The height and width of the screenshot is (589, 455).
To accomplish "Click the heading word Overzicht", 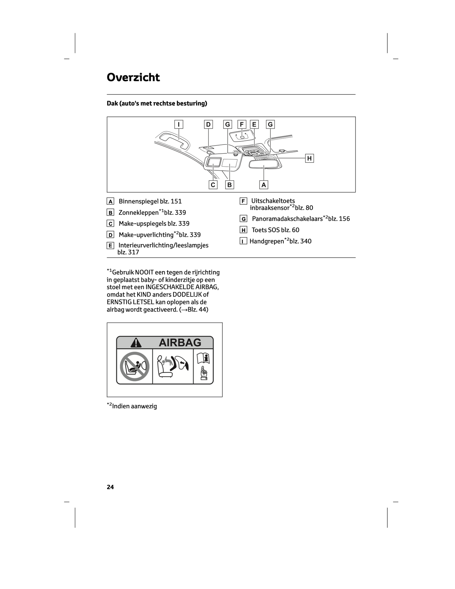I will coord(133,77).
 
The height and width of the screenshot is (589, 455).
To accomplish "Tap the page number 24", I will coord(110,487).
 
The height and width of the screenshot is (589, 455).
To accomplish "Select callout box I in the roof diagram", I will coord(179,124).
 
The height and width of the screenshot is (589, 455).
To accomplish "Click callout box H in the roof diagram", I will coord(309,158).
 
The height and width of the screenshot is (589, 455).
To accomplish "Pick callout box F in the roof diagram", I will coord(242,124).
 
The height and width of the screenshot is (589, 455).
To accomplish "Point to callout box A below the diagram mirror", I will coord(264,185).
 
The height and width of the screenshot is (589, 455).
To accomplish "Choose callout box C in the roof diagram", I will coord(213,185).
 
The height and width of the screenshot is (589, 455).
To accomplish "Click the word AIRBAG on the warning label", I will coord(180,342).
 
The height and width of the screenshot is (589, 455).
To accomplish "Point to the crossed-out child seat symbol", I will coord(134,366).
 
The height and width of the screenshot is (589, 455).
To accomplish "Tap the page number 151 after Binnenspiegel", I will coord(176,201).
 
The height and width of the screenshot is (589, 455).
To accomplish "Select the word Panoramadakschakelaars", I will coord(287,219).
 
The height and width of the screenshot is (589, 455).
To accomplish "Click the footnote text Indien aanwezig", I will coord(134,406).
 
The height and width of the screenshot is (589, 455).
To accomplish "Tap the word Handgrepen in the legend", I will coord(267,241).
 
